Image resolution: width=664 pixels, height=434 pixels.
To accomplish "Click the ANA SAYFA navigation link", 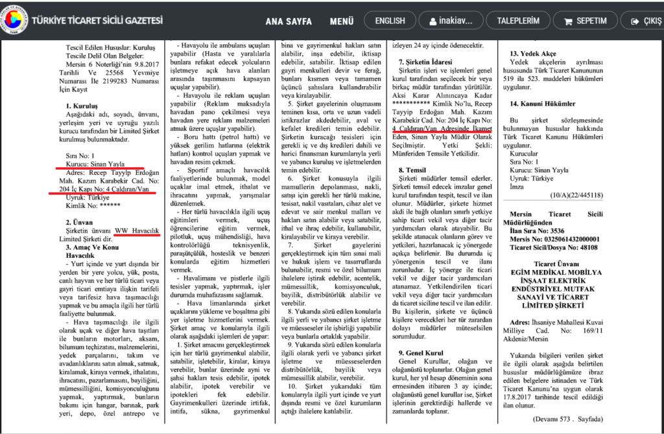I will click(x=289, y=21).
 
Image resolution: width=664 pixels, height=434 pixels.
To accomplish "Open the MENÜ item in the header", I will click(x=341, y=21).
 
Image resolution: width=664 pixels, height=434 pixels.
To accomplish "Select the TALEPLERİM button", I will click(x=518, y=21).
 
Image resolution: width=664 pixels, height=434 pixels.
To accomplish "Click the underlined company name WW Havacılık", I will click(x=137, y=231).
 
